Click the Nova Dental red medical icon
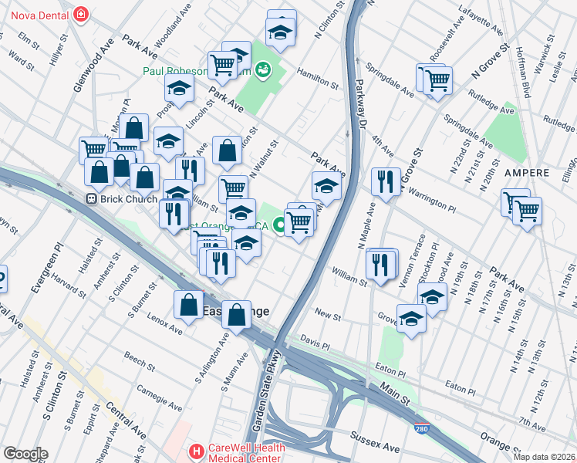[x=80, y=14]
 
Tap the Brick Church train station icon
[x=92, y=198]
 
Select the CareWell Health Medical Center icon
[x=197, y=451]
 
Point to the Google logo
[x=25, y=454]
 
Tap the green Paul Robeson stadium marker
[x=264, y=70]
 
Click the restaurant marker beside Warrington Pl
[x=386, y=182]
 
